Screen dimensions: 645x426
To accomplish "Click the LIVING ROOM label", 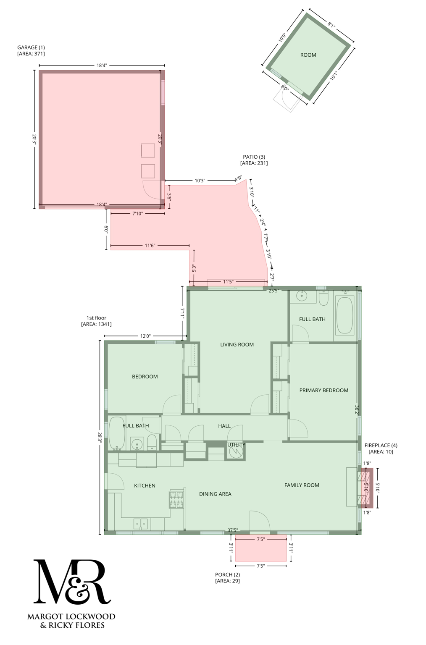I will [237, 344].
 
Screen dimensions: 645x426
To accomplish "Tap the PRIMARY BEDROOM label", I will [323, 390].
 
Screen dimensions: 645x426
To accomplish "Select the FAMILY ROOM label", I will [302, 485].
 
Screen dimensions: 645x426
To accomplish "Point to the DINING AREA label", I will [215, 494].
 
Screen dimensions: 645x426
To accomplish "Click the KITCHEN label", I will [145, 485].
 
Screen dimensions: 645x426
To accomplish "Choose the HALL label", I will [224, 426].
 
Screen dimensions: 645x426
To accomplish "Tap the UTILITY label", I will [236, 445].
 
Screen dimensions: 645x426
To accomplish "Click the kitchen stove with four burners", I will [176, 500].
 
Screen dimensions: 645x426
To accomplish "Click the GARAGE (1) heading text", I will [31, 47].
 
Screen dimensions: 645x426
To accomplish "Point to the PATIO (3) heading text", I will [254, 157].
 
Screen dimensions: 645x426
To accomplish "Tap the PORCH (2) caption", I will [227, 574].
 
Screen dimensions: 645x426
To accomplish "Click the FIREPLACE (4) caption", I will [381, 445].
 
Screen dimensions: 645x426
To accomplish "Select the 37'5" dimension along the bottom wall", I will [232, 530].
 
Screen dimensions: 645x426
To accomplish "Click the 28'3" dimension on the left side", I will [100, 437].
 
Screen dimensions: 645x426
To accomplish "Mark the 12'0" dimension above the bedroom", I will [145, 336].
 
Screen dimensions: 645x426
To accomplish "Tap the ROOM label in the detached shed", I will [308, 55].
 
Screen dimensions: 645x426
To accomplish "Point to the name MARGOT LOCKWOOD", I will [71, 616].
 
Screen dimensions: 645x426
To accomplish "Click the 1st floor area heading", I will [96, 318].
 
